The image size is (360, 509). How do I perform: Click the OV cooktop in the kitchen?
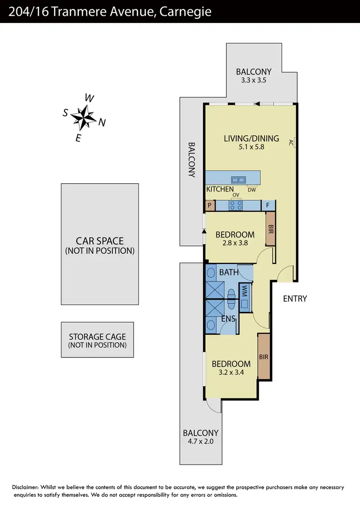pyautogui.click(x=236, y=205)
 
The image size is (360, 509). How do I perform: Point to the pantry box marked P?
pyautogui.click(x=210, y=205)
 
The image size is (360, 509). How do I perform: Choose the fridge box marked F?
pyautogui.click(x=268, y=205)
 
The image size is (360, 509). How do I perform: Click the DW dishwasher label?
pyautogui.click(x=252, y=190)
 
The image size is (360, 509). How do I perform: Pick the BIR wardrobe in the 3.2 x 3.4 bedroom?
pyautogui.click(x=264, y=357)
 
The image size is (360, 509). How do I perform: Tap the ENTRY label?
pyautogui.click(x=295, y=298)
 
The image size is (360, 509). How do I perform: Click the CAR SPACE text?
pyautogui.click(x=100, y=241)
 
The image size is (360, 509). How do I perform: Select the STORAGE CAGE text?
pyautogui.click(x=97, y=337)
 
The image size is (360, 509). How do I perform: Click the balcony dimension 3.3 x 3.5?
pyautogui.click(x=253, y=81)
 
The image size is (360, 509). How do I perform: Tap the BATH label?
pyautogui.click(x=228, y=272)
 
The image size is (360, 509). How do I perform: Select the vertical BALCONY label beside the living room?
pyautogui.click(x=192, y=160)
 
